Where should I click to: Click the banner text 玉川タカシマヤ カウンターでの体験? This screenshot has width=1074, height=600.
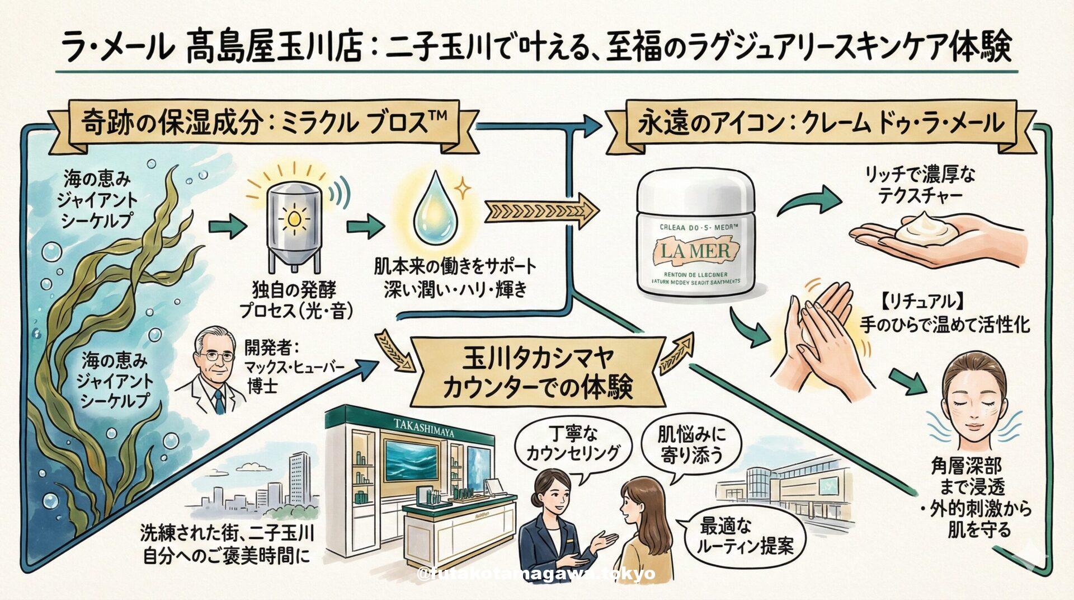pos(536,372)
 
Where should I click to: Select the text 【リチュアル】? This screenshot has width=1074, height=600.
pos(923,303)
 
